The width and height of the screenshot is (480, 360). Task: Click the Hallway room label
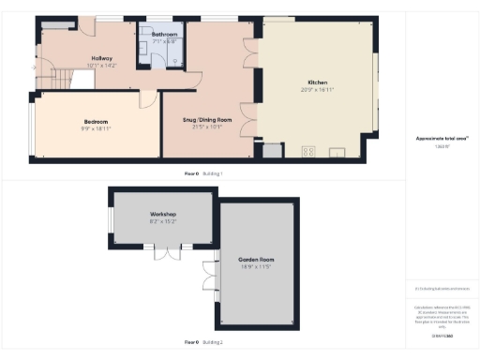[101, 59]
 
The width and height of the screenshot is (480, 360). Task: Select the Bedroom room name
[96, 121]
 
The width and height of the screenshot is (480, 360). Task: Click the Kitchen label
[315, 82]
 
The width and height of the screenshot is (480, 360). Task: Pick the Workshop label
[163, 215]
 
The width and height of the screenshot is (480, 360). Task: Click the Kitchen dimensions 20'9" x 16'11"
[315, 89]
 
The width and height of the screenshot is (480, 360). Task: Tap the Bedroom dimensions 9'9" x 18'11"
[96, 127]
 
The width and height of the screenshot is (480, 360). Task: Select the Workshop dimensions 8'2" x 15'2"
[163, 222]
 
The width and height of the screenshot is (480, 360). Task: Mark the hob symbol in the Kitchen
[307, 151]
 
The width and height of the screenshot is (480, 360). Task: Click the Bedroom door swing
[148, 100]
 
